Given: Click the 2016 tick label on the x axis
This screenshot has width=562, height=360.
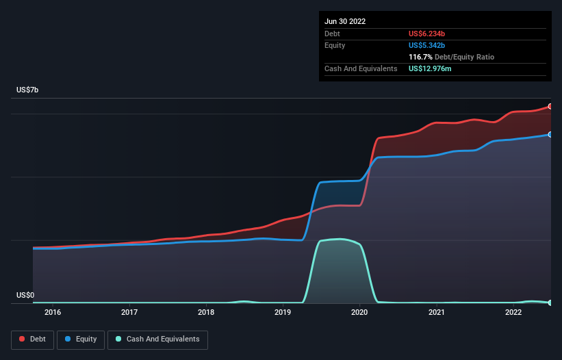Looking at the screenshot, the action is click(x=53, y=312).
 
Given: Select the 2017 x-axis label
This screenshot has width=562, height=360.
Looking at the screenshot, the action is click(x=129, y=312).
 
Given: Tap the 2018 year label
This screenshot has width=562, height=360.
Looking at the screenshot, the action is click(x=206, y=312).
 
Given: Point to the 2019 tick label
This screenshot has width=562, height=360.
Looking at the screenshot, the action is click(x=283, y=312).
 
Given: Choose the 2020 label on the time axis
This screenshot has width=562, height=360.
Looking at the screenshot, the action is click(x=359, y=312).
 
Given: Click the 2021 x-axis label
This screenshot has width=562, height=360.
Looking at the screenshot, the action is click(x=437, y=312).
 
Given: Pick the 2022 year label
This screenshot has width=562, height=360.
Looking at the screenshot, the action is click(x=513, y=312).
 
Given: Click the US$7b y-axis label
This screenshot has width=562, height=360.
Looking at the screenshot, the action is click(x=27, y=90).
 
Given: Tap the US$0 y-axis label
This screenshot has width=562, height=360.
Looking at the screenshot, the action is click(x=25, y=295).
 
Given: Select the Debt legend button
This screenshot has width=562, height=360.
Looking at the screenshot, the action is click(x=32, y=339).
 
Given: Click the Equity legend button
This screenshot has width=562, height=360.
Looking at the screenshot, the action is click(x=81, y=339).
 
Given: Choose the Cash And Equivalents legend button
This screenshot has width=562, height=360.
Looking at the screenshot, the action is click(x=157, y=339).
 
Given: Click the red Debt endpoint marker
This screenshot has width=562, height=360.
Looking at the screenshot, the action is click(x=550, y=106).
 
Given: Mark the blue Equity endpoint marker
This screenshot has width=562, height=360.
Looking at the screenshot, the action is click(x=550, y=135).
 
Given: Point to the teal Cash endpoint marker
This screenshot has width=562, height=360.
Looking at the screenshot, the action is click(x=550, y=303).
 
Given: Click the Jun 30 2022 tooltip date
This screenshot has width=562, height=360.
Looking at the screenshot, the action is click(x=345, y=21).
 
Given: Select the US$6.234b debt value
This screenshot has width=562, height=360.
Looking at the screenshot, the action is click(x=426, y=34).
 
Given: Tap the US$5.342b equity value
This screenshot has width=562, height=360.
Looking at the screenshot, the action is click(x=426, y=45).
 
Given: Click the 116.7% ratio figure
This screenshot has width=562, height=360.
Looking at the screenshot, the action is click(x=420, y=57).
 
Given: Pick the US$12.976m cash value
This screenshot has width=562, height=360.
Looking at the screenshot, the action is click(x=430, y=68).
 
